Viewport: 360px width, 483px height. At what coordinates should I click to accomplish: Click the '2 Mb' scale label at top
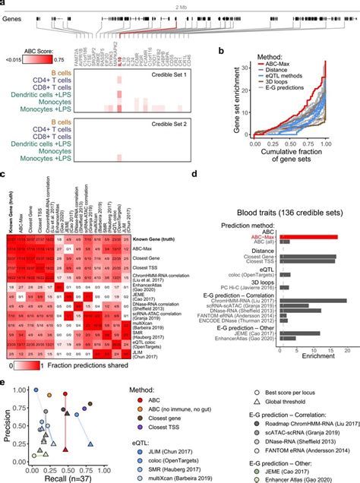coord(180,6)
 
